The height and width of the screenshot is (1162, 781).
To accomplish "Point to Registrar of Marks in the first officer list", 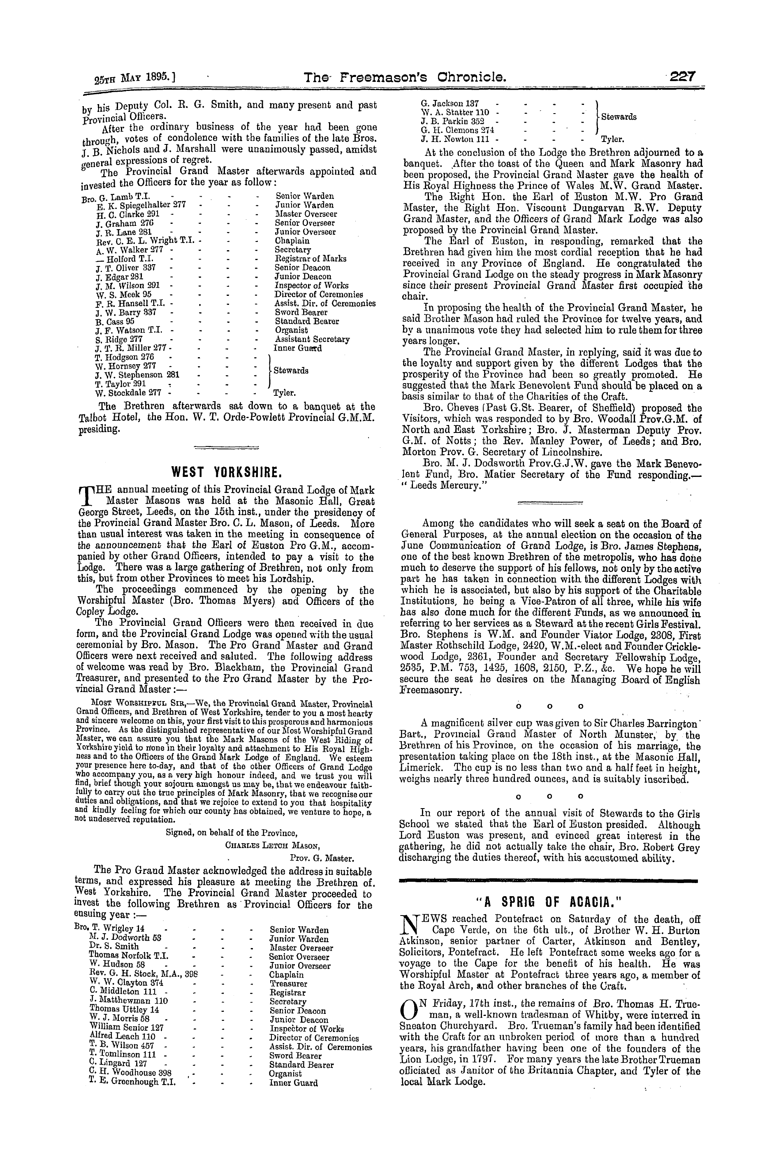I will (311, 258).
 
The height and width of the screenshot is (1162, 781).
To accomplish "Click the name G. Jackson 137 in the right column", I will (450, 104).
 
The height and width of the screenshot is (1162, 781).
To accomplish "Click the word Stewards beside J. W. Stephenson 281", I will (290, 370).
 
